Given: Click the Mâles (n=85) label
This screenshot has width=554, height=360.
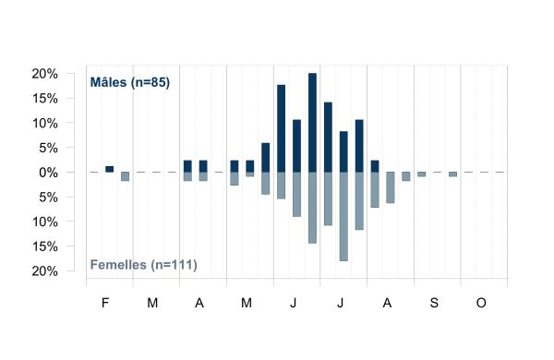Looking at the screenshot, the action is [130, 82].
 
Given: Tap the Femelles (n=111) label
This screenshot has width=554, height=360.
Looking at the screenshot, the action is [143, 265].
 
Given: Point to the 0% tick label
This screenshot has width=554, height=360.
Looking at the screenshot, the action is [48, 173].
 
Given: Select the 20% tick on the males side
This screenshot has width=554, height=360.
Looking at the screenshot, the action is [44, 74].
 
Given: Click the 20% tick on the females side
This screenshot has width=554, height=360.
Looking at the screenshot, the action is [44, 271].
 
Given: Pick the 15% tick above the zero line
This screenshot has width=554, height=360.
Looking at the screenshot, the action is [44, 99].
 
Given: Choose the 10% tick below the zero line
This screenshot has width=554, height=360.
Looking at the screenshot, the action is [44, 222].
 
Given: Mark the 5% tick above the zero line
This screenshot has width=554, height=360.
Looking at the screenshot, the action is [48, 148].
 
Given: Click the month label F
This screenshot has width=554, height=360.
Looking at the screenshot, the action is [105, 303].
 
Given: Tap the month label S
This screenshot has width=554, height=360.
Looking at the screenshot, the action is [434, 303].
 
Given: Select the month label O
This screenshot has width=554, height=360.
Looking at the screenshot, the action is [481, 303].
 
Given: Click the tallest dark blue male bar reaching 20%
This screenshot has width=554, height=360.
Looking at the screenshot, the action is [312, 123].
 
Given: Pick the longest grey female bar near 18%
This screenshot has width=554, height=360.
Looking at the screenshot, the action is [343, 217].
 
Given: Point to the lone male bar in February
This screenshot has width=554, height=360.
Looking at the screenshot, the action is [110, 169].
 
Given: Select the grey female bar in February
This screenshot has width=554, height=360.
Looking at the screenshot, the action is [125, 176].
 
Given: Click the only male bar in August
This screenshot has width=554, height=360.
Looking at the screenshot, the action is [375, 166].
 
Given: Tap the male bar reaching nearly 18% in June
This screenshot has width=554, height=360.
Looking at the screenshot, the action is [282, 128].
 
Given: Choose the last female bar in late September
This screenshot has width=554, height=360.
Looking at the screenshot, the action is [453, 174].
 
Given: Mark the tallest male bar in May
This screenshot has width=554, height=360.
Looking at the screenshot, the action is [266, 158].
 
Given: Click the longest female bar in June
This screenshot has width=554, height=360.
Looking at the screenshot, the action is [312, 208].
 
